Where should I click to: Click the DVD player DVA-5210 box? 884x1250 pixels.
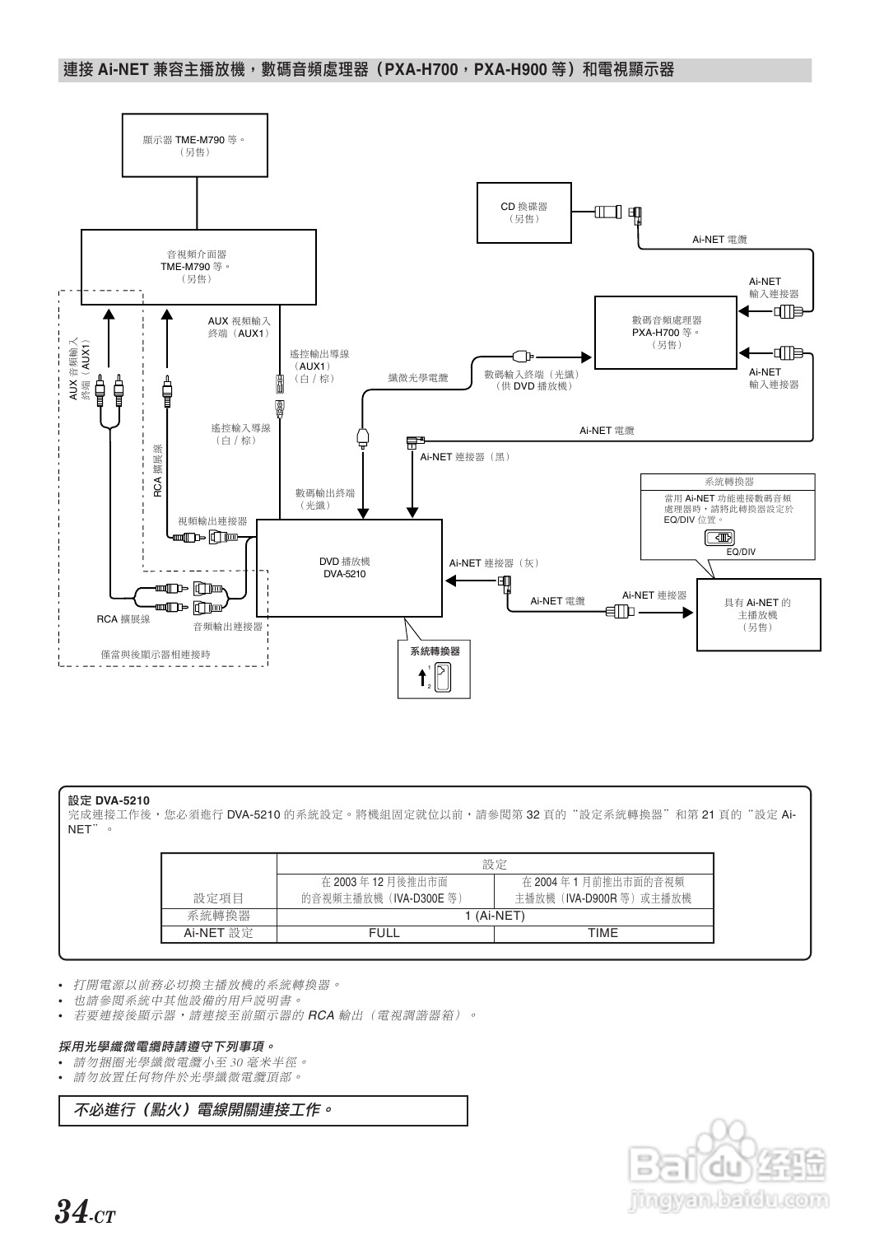[349, 568]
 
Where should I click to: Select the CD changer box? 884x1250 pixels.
[524, 212]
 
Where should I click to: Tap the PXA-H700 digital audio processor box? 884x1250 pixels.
[665, 332]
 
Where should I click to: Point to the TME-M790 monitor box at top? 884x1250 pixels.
[195, 146]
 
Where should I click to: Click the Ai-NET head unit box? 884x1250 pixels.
[758, 614]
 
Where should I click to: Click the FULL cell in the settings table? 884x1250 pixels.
[384, 933]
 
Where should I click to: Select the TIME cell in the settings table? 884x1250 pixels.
[603, 933]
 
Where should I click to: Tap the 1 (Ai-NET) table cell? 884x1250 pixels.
[495, 916]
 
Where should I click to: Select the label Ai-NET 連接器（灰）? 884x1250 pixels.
[494, 563]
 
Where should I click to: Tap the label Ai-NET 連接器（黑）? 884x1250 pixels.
[465, 457]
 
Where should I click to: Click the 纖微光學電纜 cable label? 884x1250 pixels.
[418, 378]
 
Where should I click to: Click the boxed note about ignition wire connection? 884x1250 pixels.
[263, 1110]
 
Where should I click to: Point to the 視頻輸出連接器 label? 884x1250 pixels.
[212, 521]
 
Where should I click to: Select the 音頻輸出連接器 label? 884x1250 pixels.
[228, 627]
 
